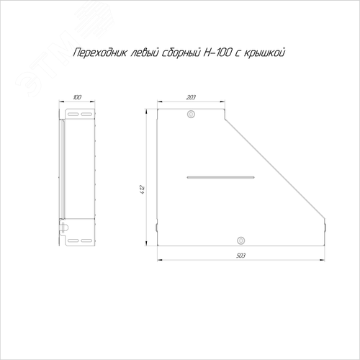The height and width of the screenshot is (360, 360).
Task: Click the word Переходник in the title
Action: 99,53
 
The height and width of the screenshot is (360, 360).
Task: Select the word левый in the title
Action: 144,53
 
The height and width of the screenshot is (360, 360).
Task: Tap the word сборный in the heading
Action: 181,53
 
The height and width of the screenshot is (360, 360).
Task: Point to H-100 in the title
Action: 217,53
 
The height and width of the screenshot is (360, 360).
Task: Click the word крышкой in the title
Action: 264,53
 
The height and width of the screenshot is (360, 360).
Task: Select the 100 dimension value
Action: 77,97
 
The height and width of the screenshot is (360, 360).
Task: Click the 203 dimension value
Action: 191,97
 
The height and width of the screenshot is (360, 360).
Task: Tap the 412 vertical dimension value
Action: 143,189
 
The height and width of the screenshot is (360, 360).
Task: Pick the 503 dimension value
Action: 240,256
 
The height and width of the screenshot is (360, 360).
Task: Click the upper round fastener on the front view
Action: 191,114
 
